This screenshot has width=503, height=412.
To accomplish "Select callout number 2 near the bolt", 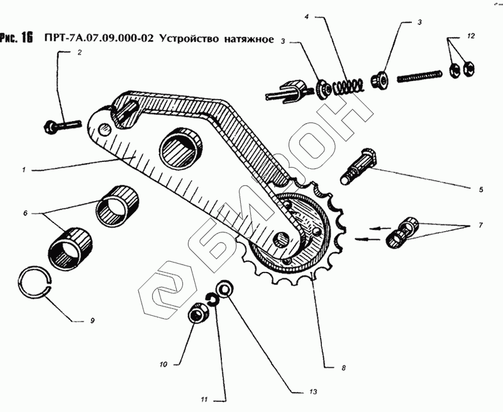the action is [80, 54].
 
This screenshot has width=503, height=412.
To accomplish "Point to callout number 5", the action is [481, 189].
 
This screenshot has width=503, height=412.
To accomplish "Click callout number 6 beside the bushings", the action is [26, 214].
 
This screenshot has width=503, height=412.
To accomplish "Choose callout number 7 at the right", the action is [481, 224].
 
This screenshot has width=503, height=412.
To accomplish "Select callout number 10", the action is [163, 364].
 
